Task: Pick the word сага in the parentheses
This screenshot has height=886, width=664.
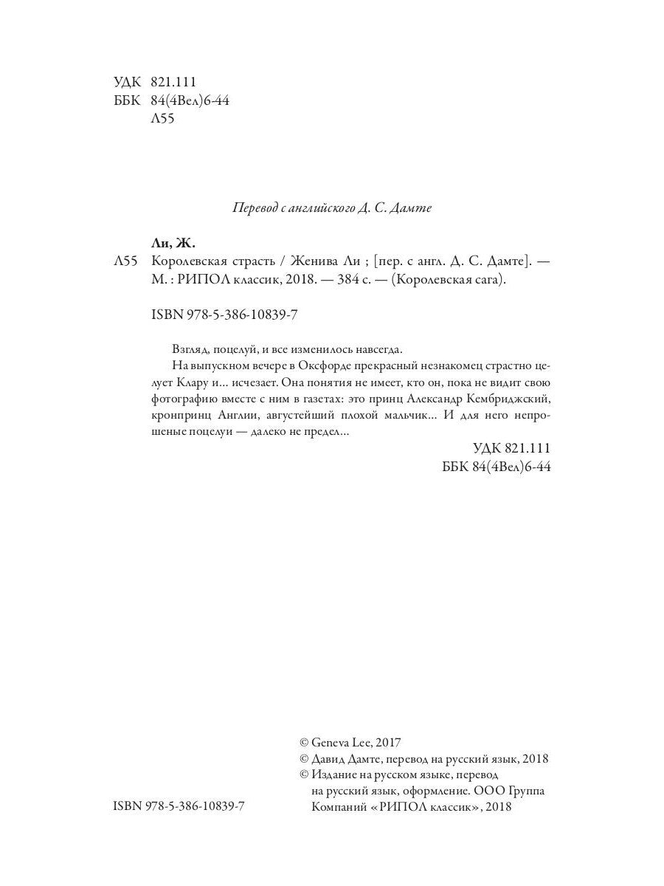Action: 488,281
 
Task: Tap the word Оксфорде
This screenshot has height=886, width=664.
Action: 317,365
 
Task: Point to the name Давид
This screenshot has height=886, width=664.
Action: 333,759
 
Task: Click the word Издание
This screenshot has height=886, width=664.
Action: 336,775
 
